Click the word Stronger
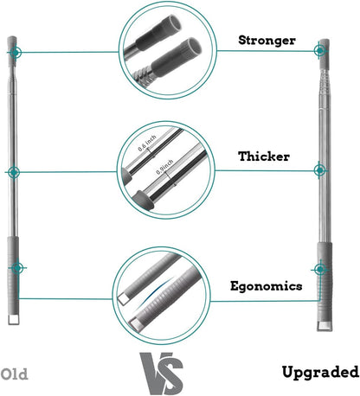coord(267,41)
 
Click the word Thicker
coord(264,156)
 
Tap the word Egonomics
coord(267,286)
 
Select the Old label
coord(15,374)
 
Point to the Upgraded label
coord(320,372)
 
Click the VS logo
coord(162,373)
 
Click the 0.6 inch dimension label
coord(147,143)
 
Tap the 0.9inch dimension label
coord(164,167)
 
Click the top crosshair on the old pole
coord(16,53)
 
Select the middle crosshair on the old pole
coord(14,172)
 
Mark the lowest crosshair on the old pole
coord(17,268)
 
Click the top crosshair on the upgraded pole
coord(319,51)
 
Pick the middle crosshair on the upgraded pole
coord(319,170)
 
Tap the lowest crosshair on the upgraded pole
coord(320,270)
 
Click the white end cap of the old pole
coord(14,319)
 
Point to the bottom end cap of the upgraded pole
coord(325,326)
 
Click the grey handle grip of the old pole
coord(13,276)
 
